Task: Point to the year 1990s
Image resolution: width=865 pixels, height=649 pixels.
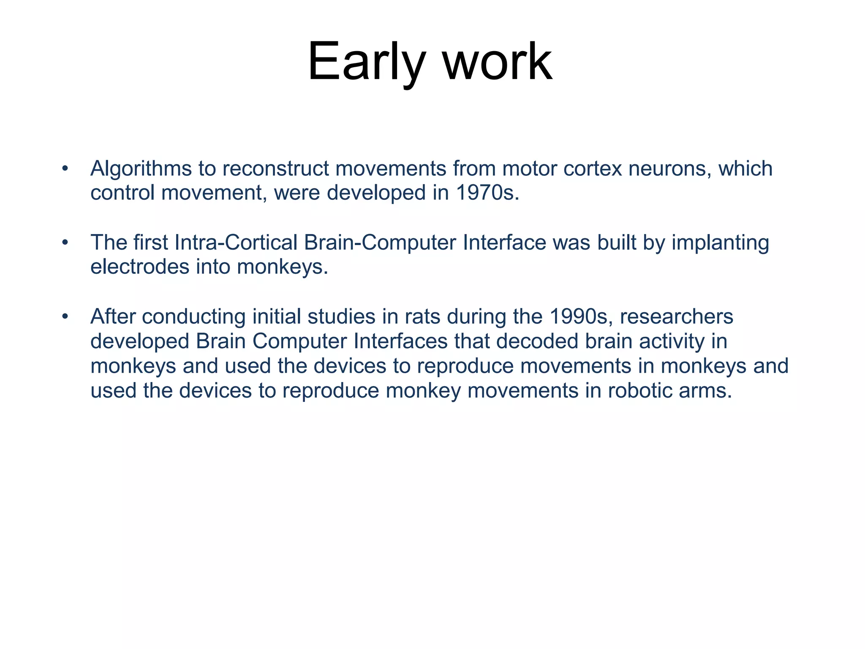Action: coord(581,317)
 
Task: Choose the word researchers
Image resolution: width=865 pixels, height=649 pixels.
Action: coord(677,317)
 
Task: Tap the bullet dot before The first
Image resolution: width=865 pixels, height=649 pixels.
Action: coord(65,243)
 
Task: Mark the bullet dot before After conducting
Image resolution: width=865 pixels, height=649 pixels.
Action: coord(65,317)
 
